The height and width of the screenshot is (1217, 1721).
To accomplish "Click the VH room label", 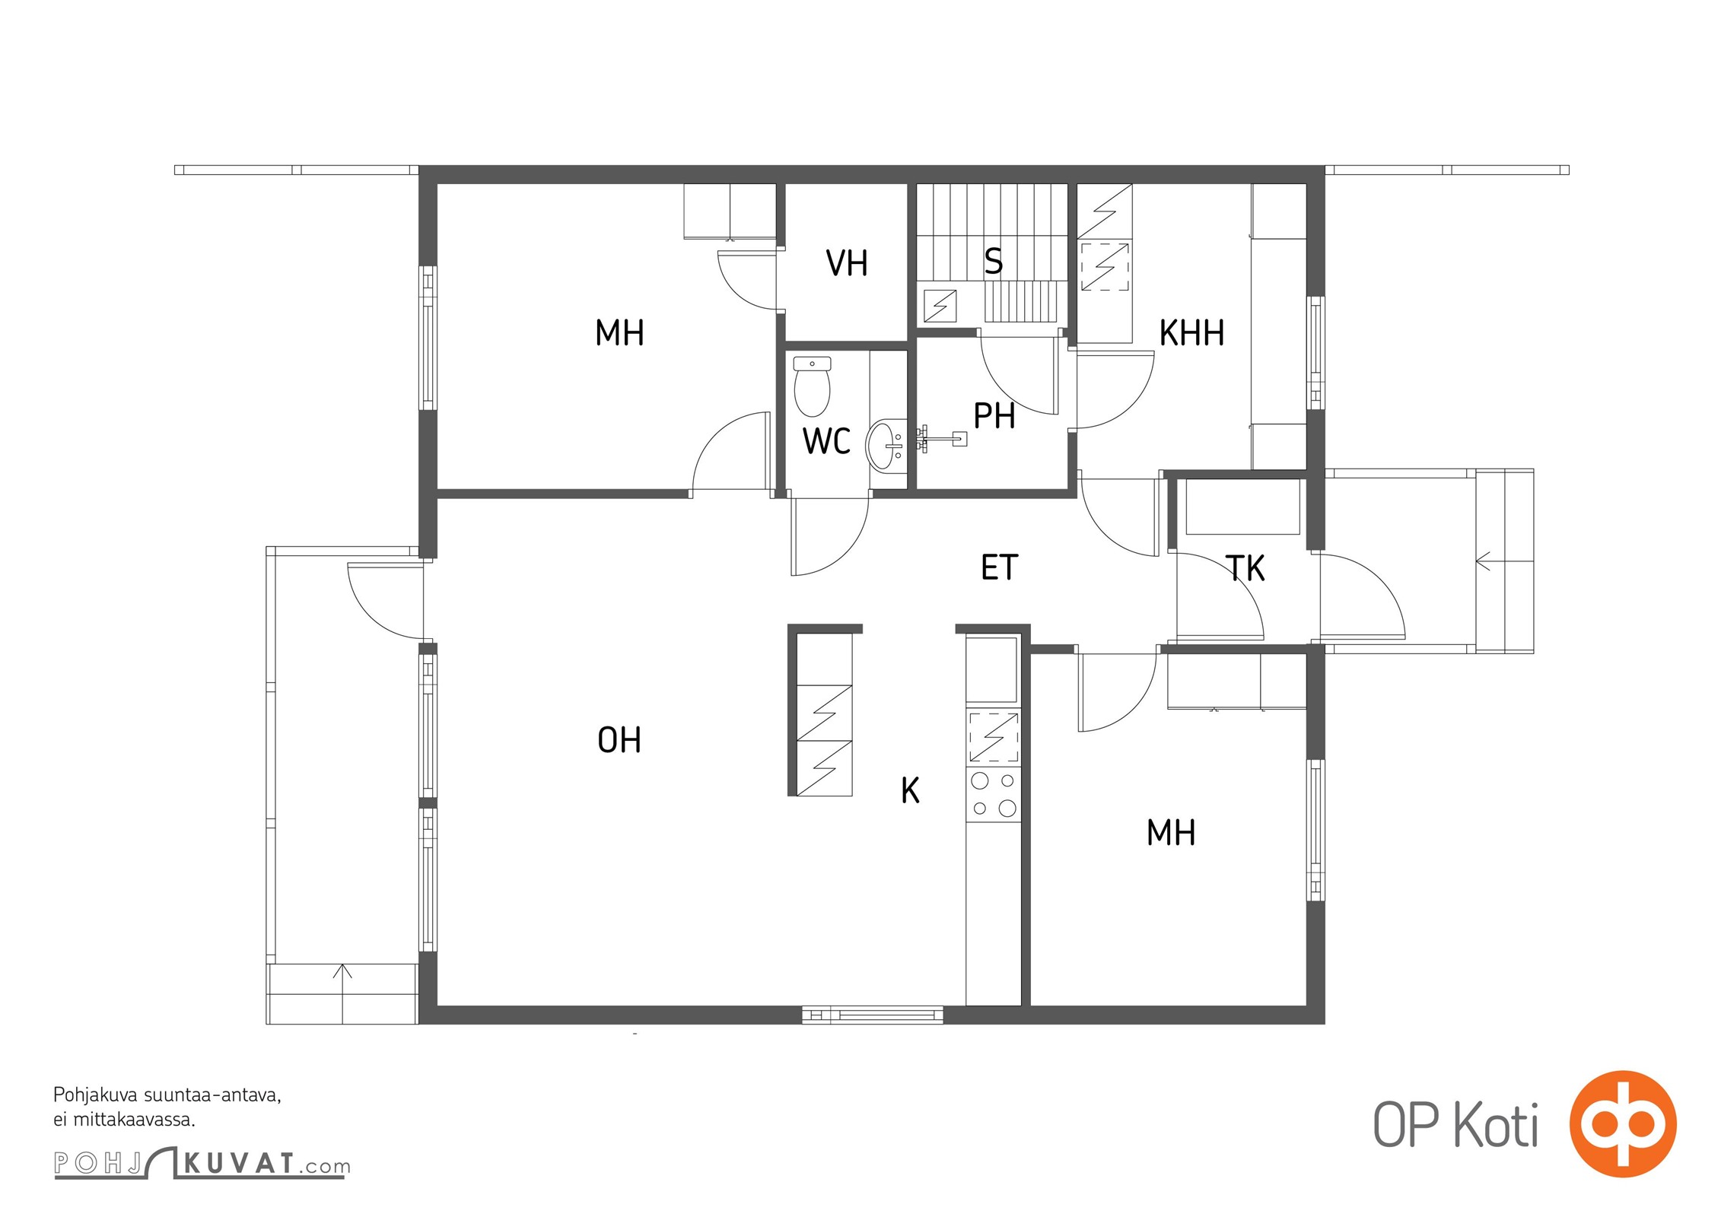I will pos(847,263).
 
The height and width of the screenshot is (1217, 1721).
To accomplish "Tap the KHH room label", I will pos(1191,333).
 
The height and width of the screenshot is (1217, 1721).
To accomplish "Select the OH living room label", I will pos(619,740).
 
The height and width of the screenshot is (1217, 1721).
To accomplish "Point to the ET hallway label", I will pos(999,567).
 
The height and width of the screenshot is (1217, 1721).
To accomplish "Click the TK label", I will pos(1245,568).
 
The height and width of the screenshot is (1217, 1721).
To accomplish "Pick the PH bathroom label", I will pos(994,416).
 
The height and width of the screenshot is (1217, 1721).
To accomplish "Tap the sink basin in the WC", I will pos(885,445).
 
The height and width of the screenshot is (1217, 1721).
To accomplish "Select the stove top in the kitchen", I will pos(993,794).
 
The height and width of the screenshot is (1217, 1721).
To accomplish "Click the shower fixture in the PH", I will pos(943,439).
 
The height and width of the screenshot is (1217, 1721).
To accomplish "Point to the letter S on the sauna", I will pos(994,261).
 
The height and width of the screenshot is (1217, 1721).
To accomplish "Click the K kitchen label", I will pos(910,790).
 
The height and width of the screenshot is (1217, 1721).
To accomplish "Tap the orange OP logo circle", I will pos(1623,1123).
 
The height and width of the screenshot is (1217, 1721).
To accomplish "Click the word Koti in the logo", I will pos(1496,1125).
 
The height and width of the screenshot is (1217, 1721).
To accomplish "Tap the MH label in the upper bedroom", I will pos(619,333).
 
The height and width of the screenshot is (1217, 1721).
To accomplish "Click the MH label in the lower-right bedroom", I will pos(1171,833).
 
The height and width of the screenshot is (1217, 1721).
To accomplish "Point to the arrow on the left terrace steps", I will pos(342,972).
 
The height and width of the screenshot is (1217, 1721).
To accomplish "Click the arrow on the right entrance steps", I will pos(1484,562).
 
